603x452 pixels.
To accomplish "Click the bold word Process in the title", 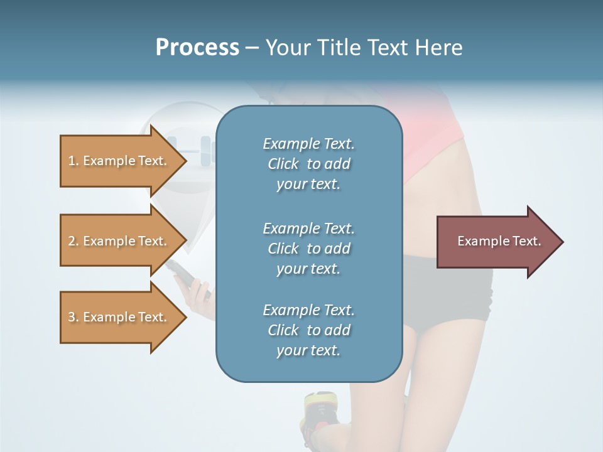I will pyautogui.click(x=197, y=48).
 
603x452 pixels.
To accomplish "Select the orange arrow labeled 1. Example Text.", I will pyautogui.click(x=119, y=161).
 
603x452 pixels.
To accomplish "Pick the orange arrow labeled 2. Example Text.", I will pyautogui.click(x=119, y=241).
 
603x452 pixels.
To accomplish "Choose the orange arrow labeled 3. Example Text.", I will pyautogui.click(x=119, y=317).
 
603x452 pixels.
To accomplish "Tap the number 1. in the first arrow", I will pyautogui.click(x=73, y=161).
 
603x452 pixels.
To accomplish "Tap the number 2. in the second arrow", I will pyautogui.click(x=73, y=241).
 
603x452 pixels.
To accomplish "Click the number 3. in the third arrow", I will pyautogui.click(x=73, y=317).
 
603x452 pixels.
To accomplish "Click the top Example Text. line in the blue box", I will pyautogui.click(x=308, y=144).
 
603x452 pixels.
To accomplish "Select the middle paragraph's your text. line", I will pyautogui.click(x=308, y=269).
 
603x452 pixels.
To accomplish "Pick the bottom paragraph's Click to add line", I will pyautogui.click(x=308, y=330).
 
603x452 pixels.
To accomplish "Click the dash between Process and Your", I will pyautogui.click(x=252, y=48).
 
